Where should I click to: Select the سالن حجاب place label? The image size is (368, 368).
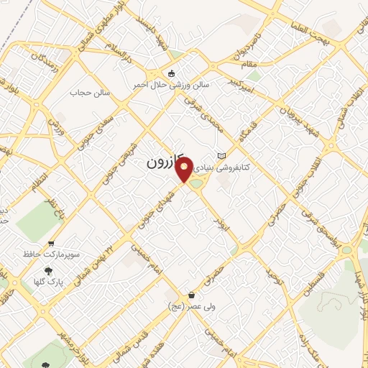click(x=88, y=93)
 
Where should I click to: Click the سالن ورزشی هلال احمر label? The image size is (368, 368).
click(x=170, y=85)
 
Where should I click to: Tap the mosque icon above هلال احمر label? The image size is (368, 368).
click(x=170, y=73)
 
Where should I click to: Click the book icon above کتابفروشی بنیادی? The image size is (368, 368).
click(x=221, y=156)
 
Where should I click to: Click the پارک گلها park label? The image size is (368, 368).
click(x=49, y=282)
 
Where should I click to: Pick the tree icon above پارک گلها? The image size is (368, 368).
click(x=49, y=271)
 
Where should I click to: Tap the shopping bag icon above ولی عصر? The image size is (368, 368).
click(x=190, y=295)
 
